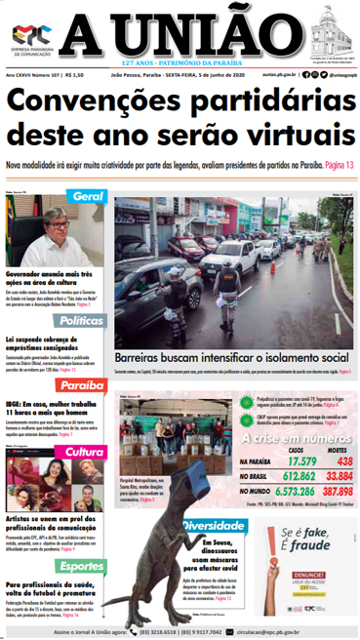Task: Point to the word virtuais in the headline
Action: click(295, 134)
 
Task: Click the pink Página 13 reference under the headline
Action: click(337, 166)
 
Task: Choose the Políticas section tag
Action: click(83, 319)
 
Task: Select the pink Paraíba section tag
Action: click(83, 386)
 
